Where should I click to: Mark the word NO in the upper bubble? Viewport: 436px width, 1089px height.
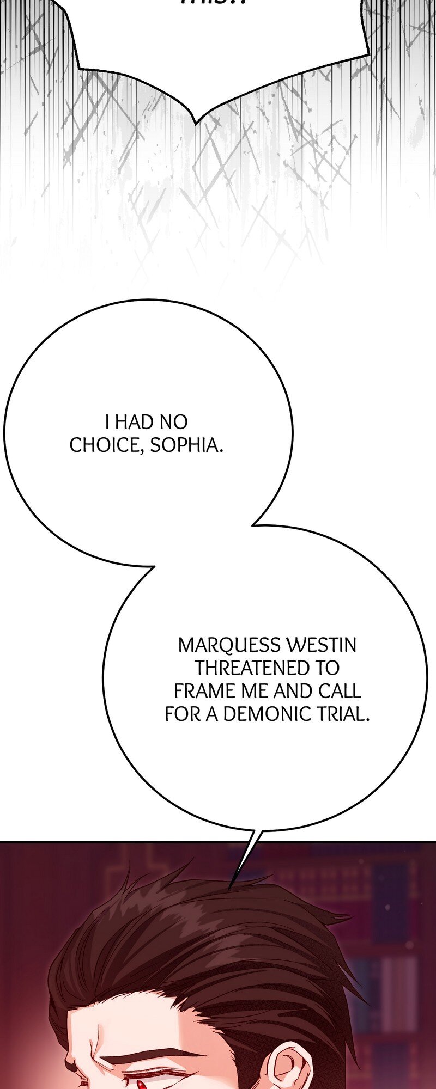click(174, 422)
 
